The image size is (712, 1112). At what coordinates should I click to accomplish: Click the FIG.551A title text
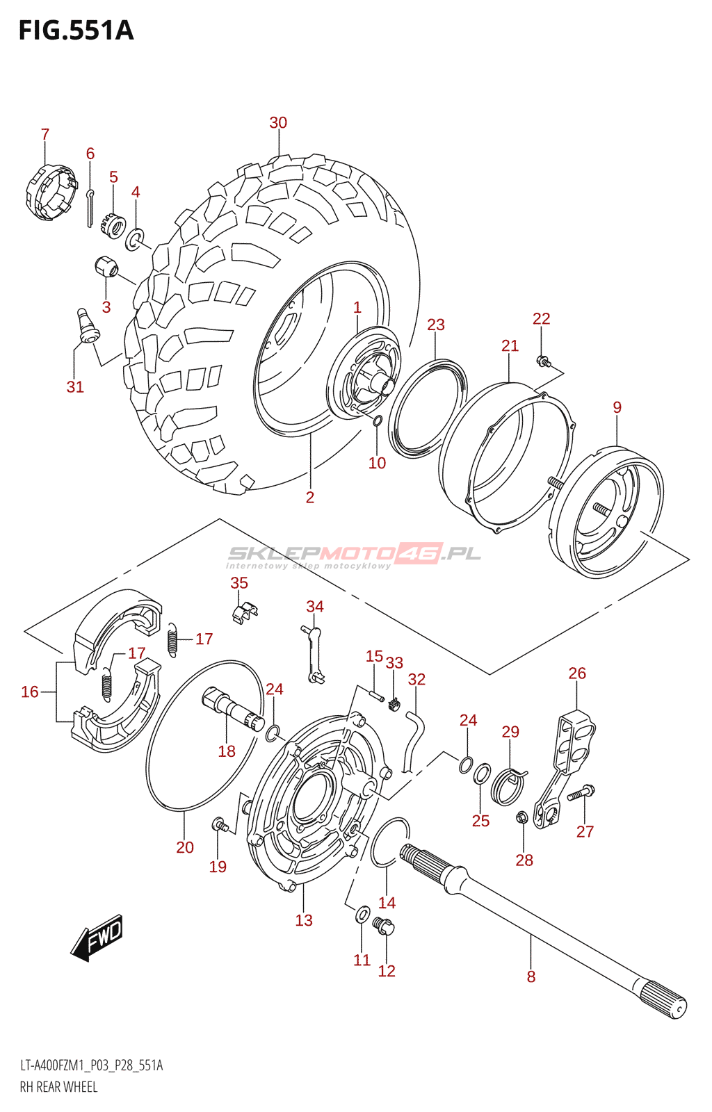coord(76,31)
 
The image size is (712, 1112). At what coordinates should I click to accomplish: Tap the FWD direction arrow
coord(98,938)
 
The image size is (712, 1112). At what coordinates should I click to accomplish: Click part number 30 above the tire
coord(278,123)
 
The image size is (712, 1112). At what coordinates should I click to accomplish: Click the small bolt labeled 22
coord(542,361)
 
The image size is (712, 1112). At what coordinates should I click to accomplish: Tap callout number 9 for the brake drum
coord(617,408)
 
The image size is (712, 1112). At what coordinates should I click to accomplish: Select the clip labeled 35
coord(243,612)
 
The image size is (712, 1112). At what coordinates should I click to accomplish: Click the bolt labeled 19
coord(220,826)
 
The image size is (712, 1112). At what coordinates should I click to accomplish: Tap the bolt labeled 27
coord(581,793)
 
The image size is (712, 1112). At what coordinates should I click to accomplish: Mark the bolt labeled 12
coord(384,926)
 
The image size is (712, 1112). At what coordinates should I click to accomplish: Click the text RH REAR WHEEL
coord(58,1087)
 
